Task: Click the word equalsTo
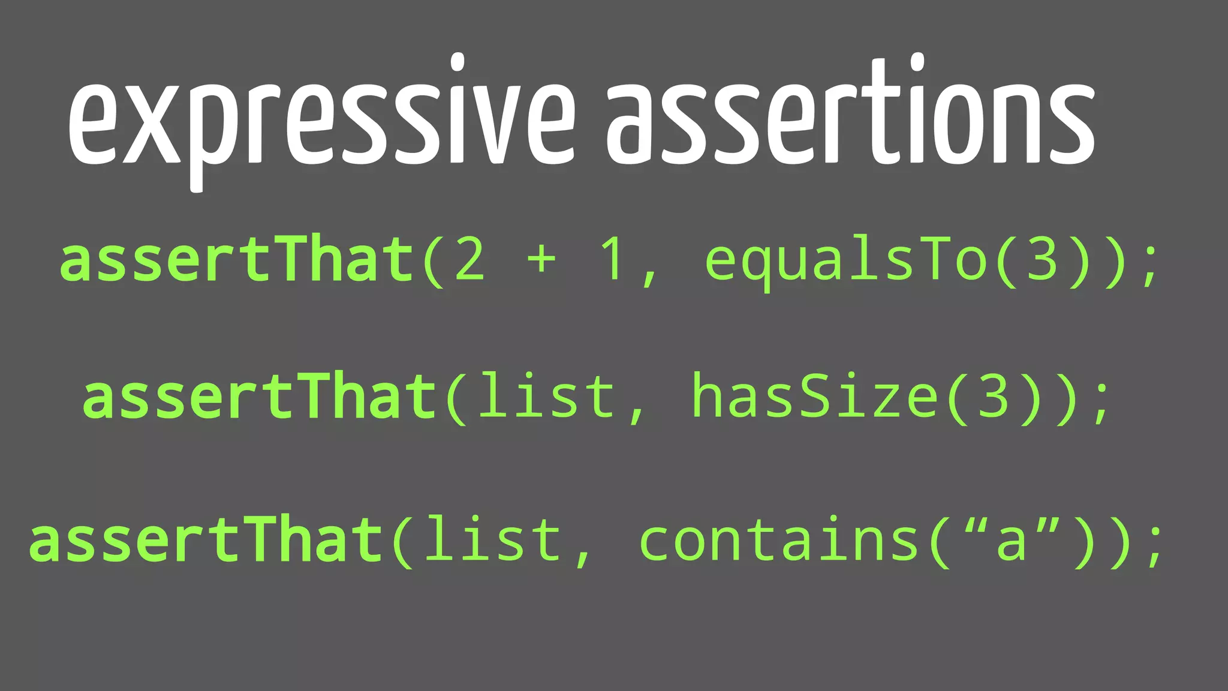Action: pos(845,261)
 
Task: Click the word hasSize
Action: pos(815,396)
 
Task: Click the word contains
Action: pos(779,540)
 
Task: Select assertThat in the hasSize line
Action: pos(259,396)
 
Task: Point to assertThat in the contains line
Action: pos(206,540)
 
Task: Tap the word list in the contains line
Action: pos(493,539)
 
